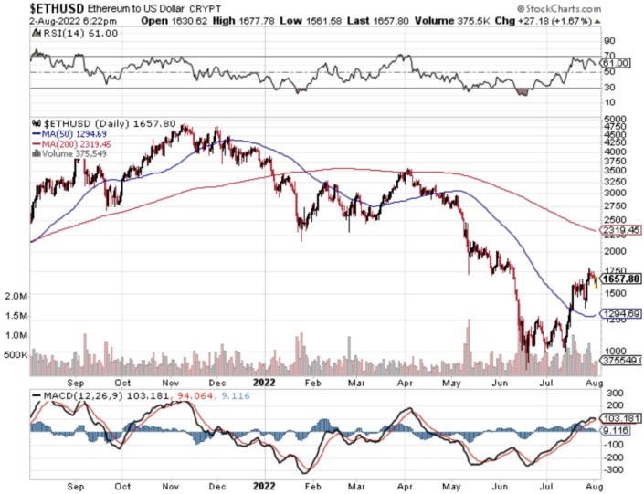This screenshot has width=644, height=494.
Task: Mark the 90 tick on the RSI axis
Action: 607,41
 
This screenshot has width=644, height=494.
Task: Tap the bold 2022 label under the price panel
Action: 263,383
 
